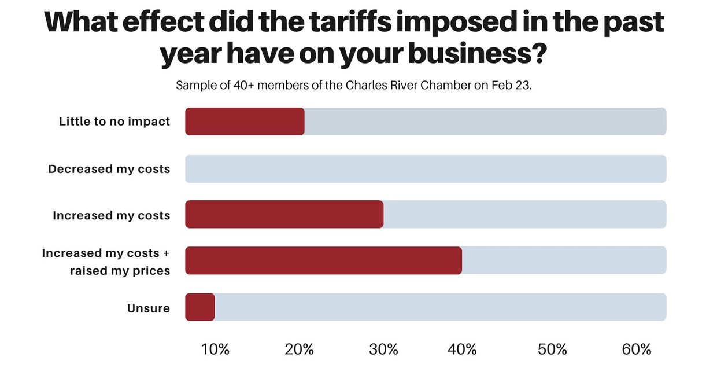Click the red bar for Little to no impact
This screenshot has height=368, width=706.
point(245,122)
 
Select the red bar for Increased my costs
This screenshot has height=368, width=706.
point(284,214)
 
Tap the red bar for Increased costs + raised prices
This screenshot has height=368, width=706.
point(323,260)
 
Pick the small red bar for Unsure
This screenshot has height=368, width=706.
point(199,307)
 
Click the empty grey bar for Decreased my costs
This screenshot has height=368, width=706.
point(426,169)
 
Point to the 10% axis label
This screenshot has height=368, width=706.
point(215,349)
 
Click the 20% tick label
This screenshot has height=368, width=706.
point(300,349)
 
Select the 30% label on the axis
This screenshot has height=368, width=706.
point(384,349)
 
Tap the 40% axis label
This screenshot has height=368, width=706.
point(463,349)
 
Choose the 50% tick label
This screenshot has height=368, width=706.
point(552,349)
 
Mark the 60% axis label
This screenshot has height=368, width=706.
point(637,349)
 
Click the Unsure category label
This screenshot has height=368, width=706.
point(149,308)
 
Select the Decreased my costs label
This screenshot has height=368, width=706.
point(109,169)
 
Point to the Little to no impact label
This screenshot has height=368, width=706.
point(114,122)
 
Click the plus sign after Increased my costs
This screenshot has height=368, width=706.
point(166,253)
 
